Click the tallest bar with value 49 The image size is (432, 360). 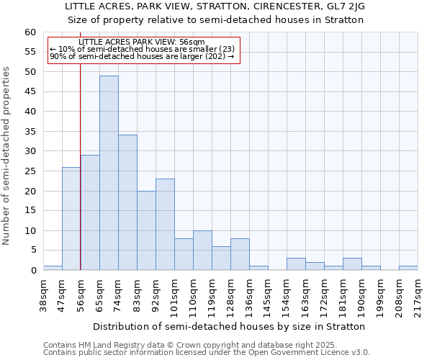(x=109, y=173)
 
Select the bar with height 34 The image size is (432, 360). (x=127, y=202)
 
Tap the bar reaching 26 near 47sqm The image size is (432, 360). (x=71, y=218)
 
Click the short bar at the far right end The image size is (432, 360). (x=408, y=268)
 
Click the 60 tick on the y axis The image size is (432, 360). (x=30, y=32)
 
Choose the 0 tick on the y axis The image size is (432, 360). (x=32, y=271)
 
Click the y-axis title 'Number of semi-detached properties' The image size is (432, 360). (x=7, y=156)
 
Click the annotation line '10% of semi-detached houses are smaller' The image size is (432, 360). (x=143, y=49)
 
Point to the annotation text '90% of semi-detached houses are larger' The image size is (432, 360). (x=143, y=56)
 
